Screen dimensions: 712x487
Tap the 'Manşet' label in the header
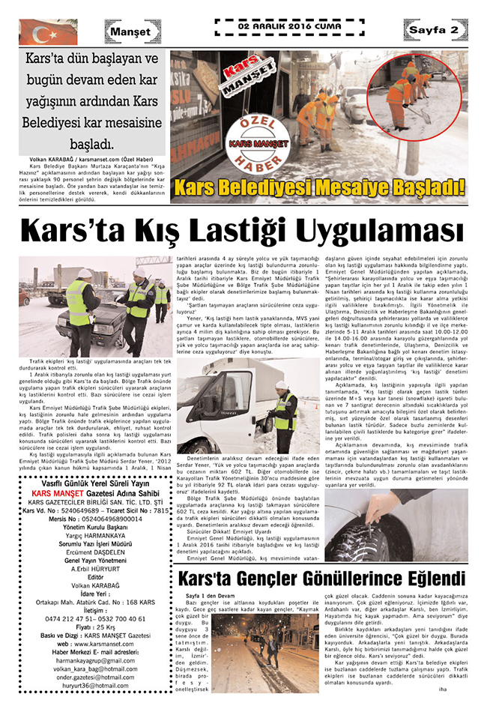tap(133, 31)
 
